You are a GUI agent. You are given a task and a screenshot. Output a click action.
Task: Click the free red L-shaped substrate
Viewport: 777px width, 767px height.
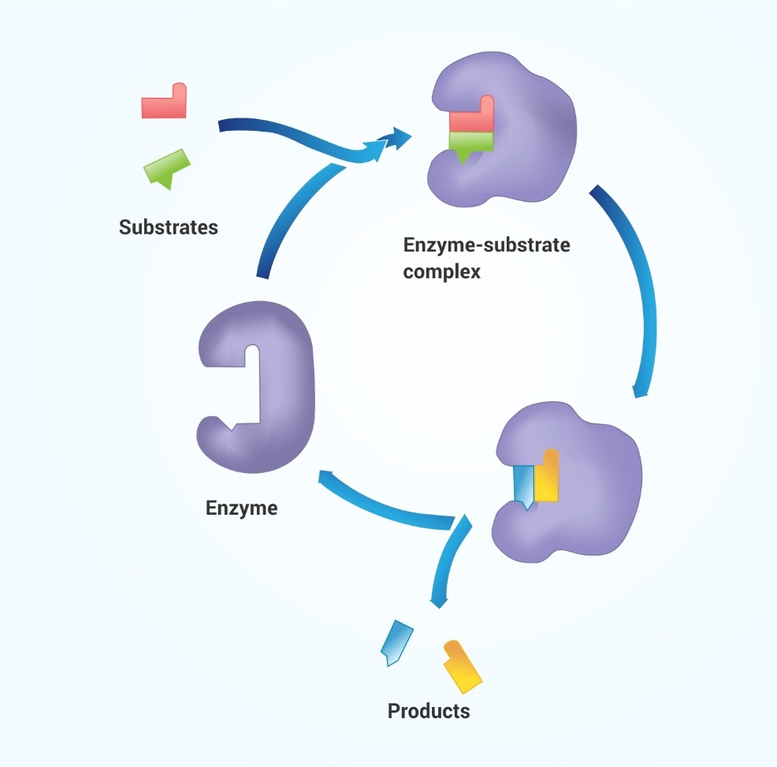point(165,106)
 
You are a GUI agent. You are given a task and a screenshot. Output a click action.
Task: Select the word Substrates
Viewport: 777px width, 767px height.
point(169,227)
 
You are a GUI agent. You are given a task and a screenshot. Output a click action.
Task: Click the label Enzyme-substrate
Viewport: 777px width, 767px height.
point(487,245)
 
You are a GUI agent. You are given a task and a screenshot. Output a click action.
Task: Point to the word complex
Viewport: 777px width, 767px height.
point(441,272)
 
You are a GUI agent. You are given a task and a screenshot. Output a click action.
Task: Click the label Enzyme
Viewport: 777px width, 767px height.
point(241,508)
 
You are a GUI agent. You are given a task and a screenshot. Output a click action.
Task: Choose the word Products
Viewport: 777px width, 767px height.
point(429,711)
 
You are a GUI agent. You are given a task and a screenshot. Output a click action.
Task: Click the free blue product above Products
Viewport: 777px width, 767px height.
point(396,642)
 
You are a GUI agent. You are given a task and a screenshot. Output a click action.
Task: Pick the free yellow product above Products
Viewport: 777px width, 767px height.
point(462,666)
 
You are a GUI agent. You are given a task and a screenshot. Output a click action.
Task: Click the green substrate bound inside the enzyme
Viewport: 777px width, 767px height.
point(470,143)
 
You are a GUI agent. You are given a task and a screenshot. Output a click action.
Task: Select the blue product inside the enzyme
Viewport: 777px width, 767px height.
point(524,486)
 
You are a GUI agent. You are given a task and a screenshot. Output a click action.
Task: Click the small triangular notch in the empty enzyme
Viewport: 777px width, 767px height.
point(232,426)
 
